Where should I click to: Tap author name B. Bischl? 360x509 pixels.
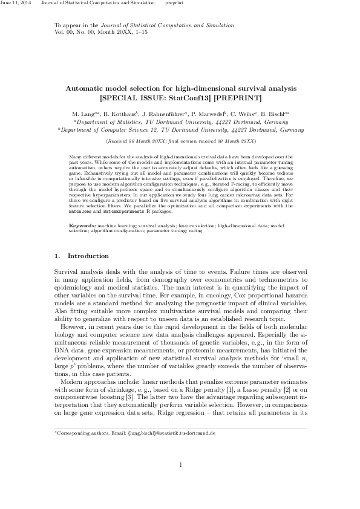click(275, 114)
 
